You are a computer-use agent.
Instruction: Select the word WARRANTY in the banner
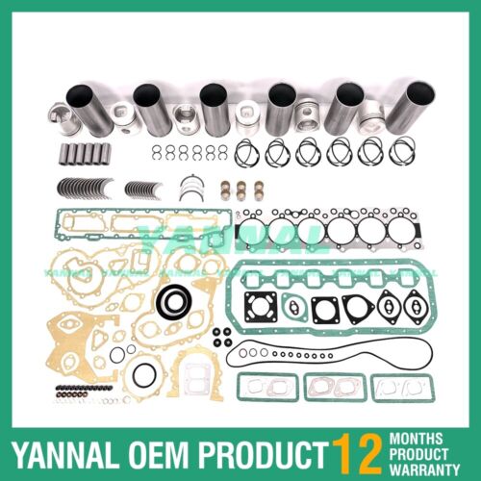tap(427, 464)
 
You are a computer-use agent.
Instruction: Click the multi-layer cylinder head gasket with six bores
tap(326, 231)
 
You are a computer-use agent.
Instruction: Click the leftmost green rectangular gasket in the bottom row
tap(270, 387)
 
